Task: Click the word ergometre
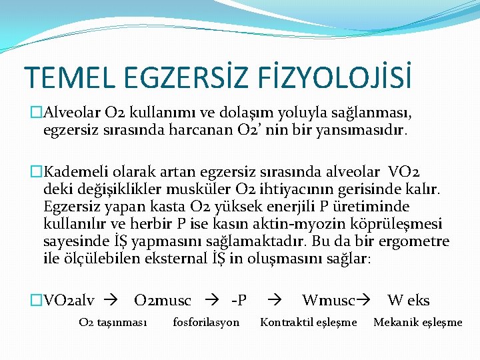click(413, 241)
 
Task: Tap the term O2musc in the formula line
click(162, 301)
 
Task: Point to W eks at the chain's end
click(408, 301)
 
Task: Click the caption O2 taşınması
click(112, 323)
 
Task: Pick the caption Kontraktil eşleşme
click(308, 323)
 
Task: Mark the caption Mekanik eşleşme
click(417, 323)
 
